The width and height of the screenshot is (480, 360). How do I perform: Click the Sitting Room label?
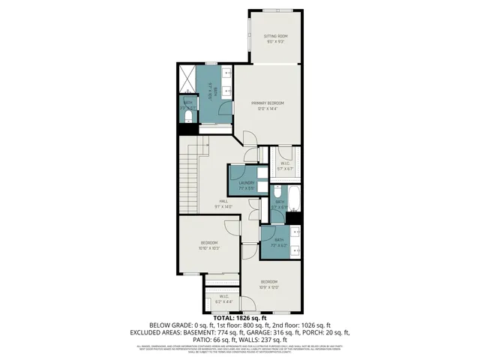pyautogui.click(x=275, y=38)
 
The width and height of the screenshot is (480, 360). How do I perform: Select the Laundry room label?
pyautogui.click(x=246, y=184)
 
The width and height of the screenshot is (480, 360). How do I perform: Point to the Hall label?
pyautogui.click(x=223, y=203)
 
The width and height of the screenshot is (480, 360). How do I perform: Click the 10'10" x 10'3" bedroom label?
pyautogui.click(x=208, y=245)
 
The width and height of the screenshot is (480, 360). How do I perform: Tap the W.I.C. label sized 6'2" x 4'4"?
pyautogui.click(x=223, y=298)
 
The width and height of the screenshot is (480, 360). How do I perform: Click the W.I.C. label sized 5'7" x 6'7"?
pyautogui.click(x=285, y=166)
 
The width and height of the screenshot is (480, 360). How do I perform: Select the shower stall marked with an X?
pyautogui.click(x=186, y=77)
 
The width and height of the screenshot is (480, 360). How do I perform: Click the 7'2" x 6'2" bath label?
pyautogui.click(x=279, y=241)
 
